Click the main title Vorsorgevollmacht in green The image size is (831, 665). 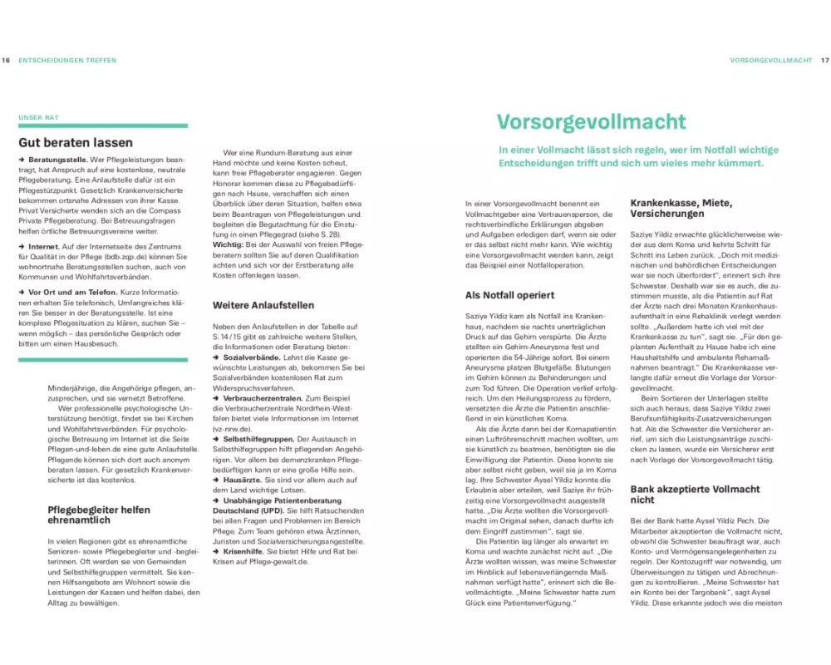[592, 121]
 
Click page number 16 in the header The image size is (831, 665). [6, 61]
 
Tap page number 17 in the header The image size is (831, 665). [824, 61]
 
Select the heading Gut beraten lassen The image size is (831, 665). [76, 142]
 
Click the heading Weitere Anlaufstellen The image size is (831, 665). [260, 305]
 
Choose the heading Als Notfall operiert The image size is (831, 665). [509, 295]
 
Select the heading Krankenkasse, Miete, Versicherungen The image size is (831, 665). [681, 209]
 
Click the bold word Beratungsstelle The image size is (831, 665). [59, 158]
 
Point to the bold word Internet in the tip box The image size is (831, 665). [43, 247]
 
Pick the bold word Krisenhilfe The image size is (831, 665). [244, 550]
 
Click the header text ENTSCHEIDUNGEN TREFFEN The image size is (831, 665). [67, 61]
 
